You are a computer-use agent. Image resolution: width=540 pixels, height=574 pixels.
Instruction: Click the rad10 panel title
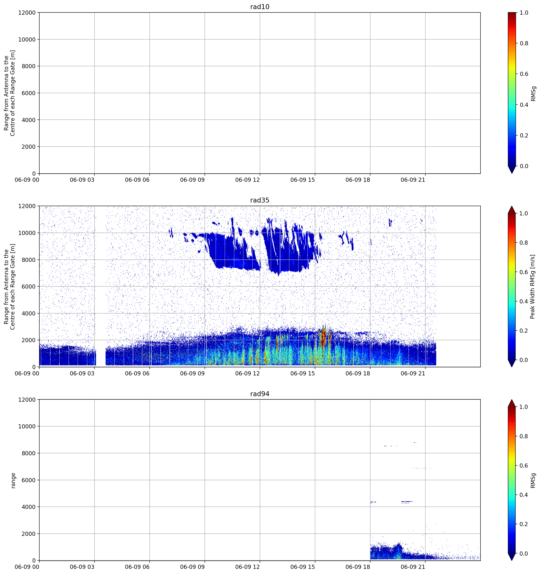click(260, 7)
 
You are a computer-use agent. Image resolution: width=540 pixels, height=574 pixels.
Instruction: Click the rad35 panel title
click(260, 200)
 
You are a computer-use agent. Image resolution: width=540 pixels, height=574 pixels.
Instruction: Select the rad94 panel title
click(260, 394)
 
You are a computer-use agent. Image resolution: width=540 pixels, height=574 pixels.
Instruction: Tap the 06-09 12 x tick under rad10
click(247, 180)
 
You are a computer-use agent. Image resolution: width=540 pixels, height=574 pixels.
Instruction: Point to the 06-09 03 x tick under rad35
click(82, 373)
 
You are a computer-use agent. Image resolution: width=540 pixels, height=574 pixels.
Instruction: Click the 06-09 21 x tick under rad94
click(413, 567)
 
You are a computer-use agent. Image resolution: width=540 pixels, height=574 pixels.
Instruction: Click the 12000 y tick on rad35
click(27, 206)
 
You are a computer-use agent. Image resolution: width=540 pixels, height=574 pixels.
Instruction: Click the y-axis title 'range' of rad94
click(13, 480)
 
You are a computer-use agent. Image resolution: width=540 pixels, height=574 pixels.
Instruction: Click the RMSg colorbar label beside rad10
click(533, 94)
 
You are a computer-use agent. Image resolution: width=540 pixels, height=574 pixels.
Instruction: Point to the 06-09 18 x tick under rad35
click(358, 373)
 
